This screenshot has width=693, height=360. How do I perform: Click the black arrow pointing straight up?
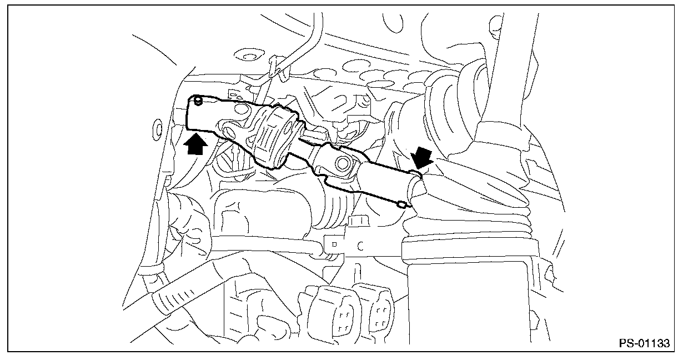(198, 145)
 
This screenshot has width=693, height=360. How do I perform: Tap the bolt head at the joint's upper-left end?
(199, 101)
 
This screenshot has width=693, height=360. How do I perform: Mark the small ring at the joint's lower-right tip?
(401, 204)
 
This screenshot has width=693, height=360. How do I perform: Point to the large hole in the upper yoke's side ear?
(230, 132)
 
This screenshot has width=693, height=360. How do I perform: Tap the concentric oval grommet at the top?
(244, 55)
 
